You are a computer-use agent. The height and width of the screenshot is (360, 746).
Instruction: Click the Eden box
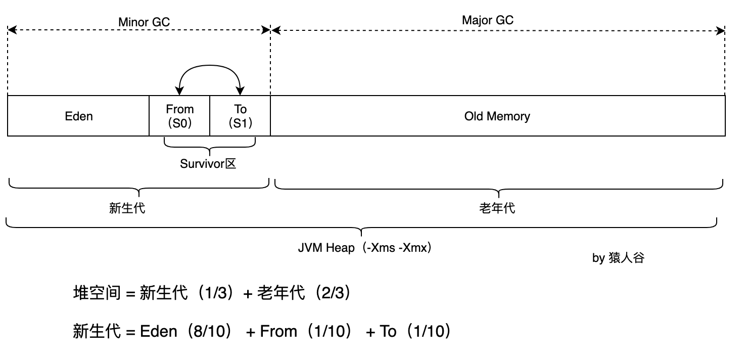79,116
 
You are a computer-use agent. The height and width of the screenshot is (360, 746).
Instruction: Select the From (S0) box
179,116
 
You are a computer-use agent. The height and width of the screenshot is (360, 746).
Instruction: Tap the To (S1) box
240,116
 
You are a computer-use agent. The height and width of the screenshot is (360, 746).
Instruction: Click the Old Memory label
497,116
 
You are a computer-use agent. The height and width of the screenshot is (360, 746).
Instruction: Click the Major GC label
487,20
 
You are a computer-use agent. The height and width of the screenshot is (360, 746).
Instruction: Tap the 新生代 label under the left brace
127,208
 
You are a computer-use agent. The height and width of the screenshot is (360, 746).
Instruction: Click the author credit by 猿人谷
618,258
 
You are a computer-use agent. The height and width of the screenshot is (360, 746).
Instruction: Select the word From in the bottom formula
278,332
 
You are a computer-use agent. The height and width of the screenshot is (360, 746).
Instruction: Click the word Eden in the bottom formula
159,332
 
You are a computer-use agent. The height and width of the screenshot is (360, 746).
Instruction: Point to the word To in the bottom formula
388,332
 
